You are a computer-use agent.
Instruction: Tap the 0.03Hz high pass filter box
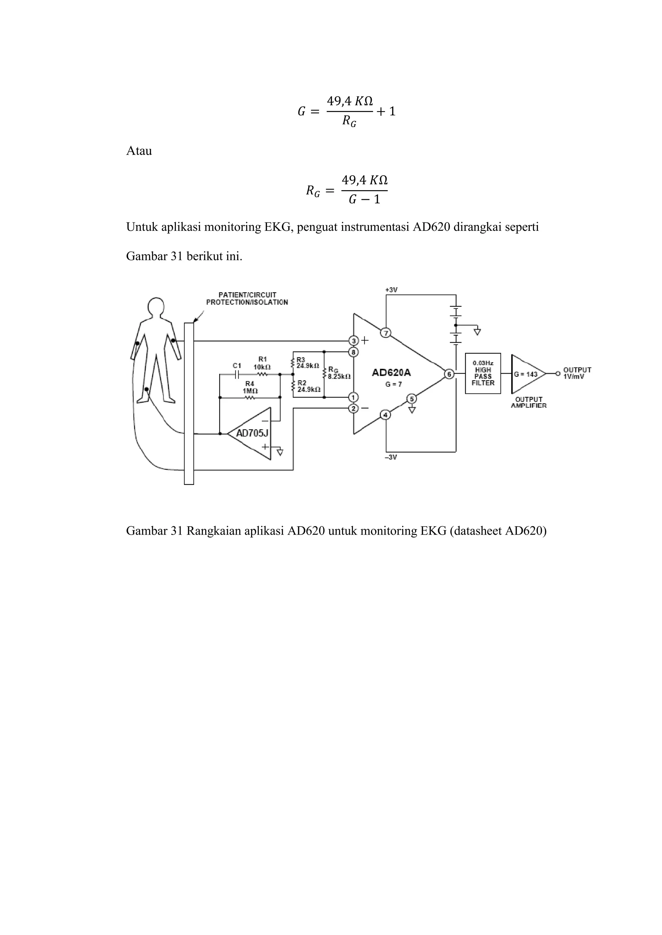tap(483, 374)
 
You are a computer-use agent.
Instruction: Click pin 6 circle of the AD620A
tap(449, 374)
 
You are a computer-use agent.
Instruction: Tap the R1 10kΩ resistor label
tap(262, 363)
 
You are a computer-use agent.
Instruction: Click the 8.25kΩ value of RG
tap(339, 377)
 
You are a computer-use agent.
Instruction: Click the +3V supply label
tap(391, 290)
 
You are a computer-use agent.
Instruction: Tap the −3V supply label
tap(390, 457)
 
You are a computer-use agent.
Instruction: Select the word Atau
tap(139, 151)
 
